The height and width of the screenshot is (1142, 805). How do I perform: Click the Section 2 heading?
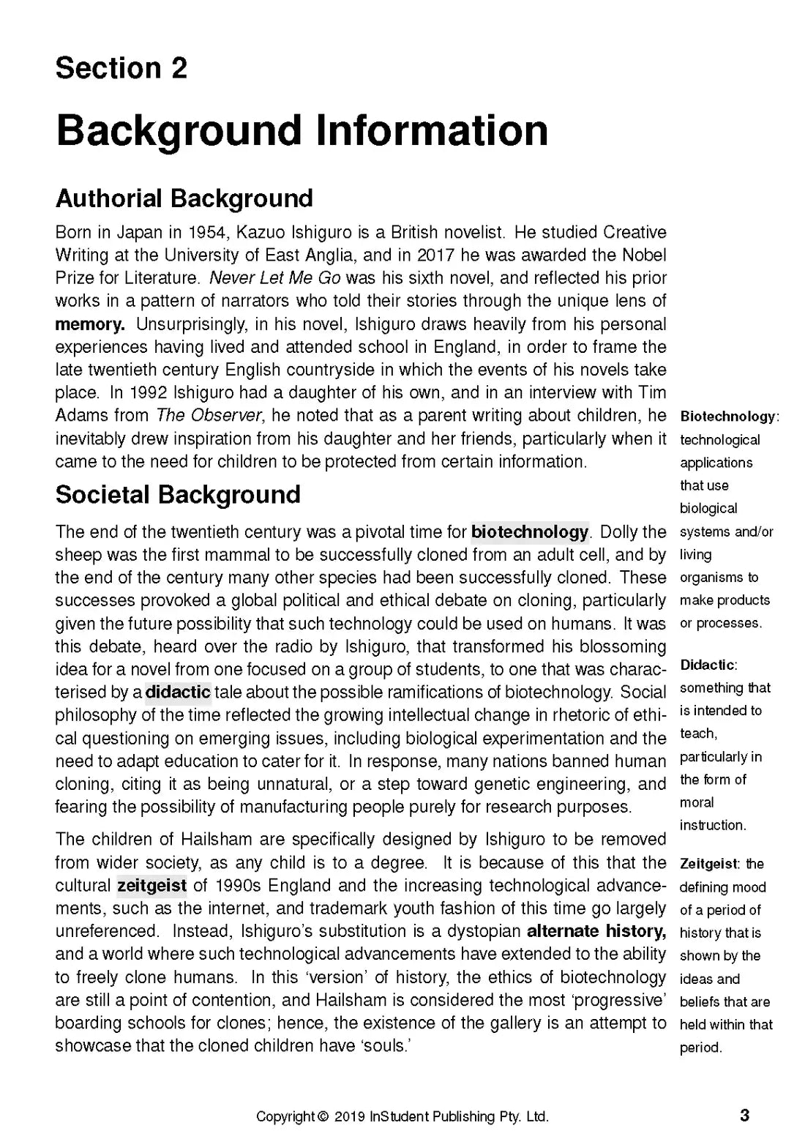click(x=121, y=68)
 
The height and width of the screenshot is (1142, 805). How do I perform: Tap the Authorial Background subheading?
click(x=184, y=198)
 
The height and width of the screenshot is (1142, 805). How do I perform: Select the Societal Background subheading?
click(x=178, y=495)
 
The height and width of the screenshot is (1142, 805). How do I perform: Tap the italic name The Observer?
click(x=209, y=416)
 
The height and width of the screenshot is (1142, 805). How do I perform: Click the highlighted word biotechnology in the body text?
click(x=531, y=531)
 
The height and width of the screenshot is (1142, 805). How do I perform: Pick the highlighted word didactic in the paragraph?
click(x=178, y=692)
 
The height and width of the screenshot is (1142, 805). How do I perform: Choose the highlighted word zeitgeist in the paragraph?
click(x=151, y=885)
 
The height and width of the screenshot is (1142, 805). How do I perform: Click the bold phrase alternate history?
click(x=596, y=931)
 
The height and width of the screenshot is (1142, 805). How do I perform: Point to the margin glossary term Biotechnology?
click(x=727, y=417)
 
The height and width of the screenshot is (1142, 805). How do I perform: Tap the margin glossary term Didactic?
click(x=707, y=665)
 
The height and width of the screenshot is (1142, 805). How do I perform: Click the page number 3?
click(x=744, y=1116)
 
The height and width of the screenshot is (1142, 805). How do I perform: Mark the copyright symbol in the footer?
click(x=323, y=1117)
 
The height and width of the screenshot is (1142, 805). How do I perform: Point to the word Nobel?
click(x=645, y=255)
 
